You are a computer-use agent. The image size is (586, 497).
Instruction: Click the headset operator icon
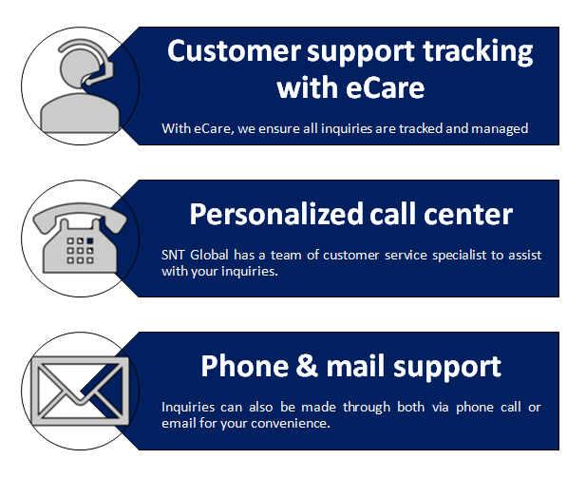pos(80,86)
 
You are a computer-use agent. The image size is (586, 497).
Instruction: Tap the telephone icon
pos(80,238)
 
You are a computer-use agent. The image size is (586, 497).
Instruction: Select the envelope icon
pos(80,392)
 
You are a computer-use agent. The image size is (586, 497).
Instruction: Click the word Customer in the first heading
pos(234,51)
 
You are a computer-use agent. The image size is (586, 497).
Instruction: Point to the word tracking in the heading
pos(478,52)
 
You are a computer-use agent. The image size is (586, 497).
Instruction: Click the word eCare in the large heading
pos(386,87)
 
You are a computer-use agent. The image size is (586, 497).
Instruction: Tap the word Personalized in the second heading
pos(276,215)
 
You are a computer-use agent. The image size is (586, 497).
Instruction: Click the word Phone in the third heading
pos(245,367)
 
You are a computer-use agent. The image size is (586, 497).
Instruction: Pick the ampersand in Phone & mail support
pos(307,367)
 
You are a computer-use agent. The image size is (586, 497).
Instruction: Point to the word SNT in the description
pos(173,256)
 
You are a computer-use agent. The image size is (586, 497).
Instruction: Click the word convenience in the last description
pos(291,424)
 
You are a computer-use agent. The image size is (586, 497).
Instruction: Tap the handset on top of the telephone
pos(80,218)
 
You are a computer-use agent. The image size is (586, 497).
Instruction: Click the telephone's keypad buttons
pos(80,251)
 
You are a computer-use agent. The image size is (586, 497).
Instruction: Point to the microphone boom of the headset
pos(99,74)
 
